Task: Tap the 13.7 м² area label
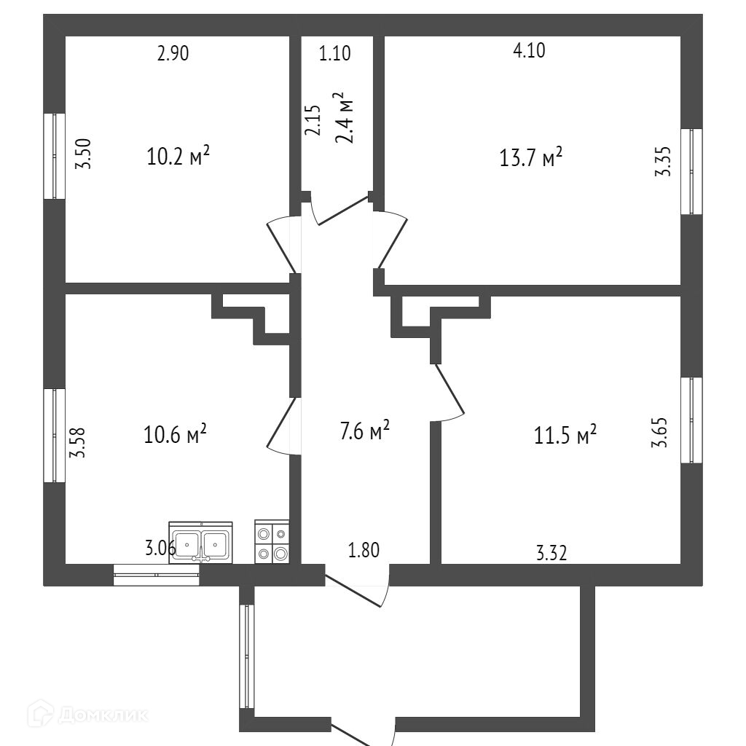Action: coord(530,157)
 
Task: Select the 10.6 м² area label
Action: coord(176,435)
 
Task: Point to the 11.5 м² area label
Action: coord(566,435)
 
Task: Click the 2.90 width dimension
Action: coord(173,53)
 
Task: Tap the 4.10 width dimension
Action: coord(529,50)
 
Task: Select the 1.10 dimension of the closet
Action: coord(335,53)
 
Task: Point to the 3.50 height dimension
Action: coord(85,154)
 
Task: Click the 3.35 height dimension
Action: coord(662,161)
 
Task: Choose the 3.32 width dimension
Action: coord(551,554)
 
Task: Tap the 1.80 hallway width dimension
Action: coord(364,550)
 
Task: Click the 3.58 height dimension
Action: coord(78,441)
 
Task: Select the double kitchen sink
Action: coord(200,543)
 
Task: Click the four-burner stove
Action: coord(272,543)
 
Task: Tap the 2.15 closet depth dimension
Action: coord(313,120)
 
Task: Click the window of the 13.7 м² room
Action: coord(691,172)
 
